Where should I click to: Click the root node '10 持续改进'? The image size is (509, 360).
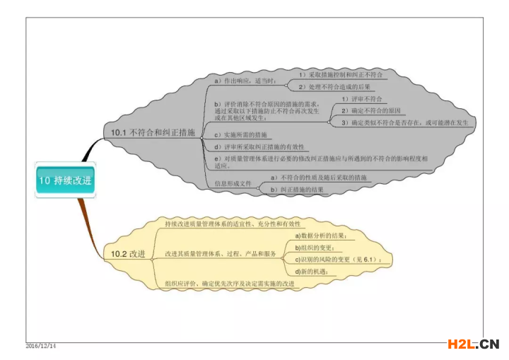click(64, 180)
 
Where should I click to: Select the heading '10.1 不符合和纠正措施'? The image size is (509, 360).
click(148, 132)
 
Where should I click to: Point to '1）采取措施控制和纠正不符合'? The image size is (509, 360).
click(341, 74)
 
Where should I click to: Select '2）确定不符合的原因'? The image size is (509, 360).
click(371, 111)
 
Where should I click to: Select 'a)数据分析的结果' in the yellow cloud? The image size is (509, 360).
click(320, 235)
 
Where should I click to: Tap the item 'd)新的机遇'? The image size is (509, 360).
click(312, 272)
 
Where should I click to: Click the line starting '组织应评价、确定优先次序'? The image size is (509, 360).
click(229, 284)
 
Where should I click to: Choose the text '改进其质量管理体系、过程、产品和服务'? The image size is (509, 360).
click(221, 253)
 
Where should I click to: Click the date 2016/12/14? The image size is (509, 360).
click(40, 346)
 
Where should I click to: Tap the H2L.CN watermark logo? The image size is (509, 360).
click(473, 344)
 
